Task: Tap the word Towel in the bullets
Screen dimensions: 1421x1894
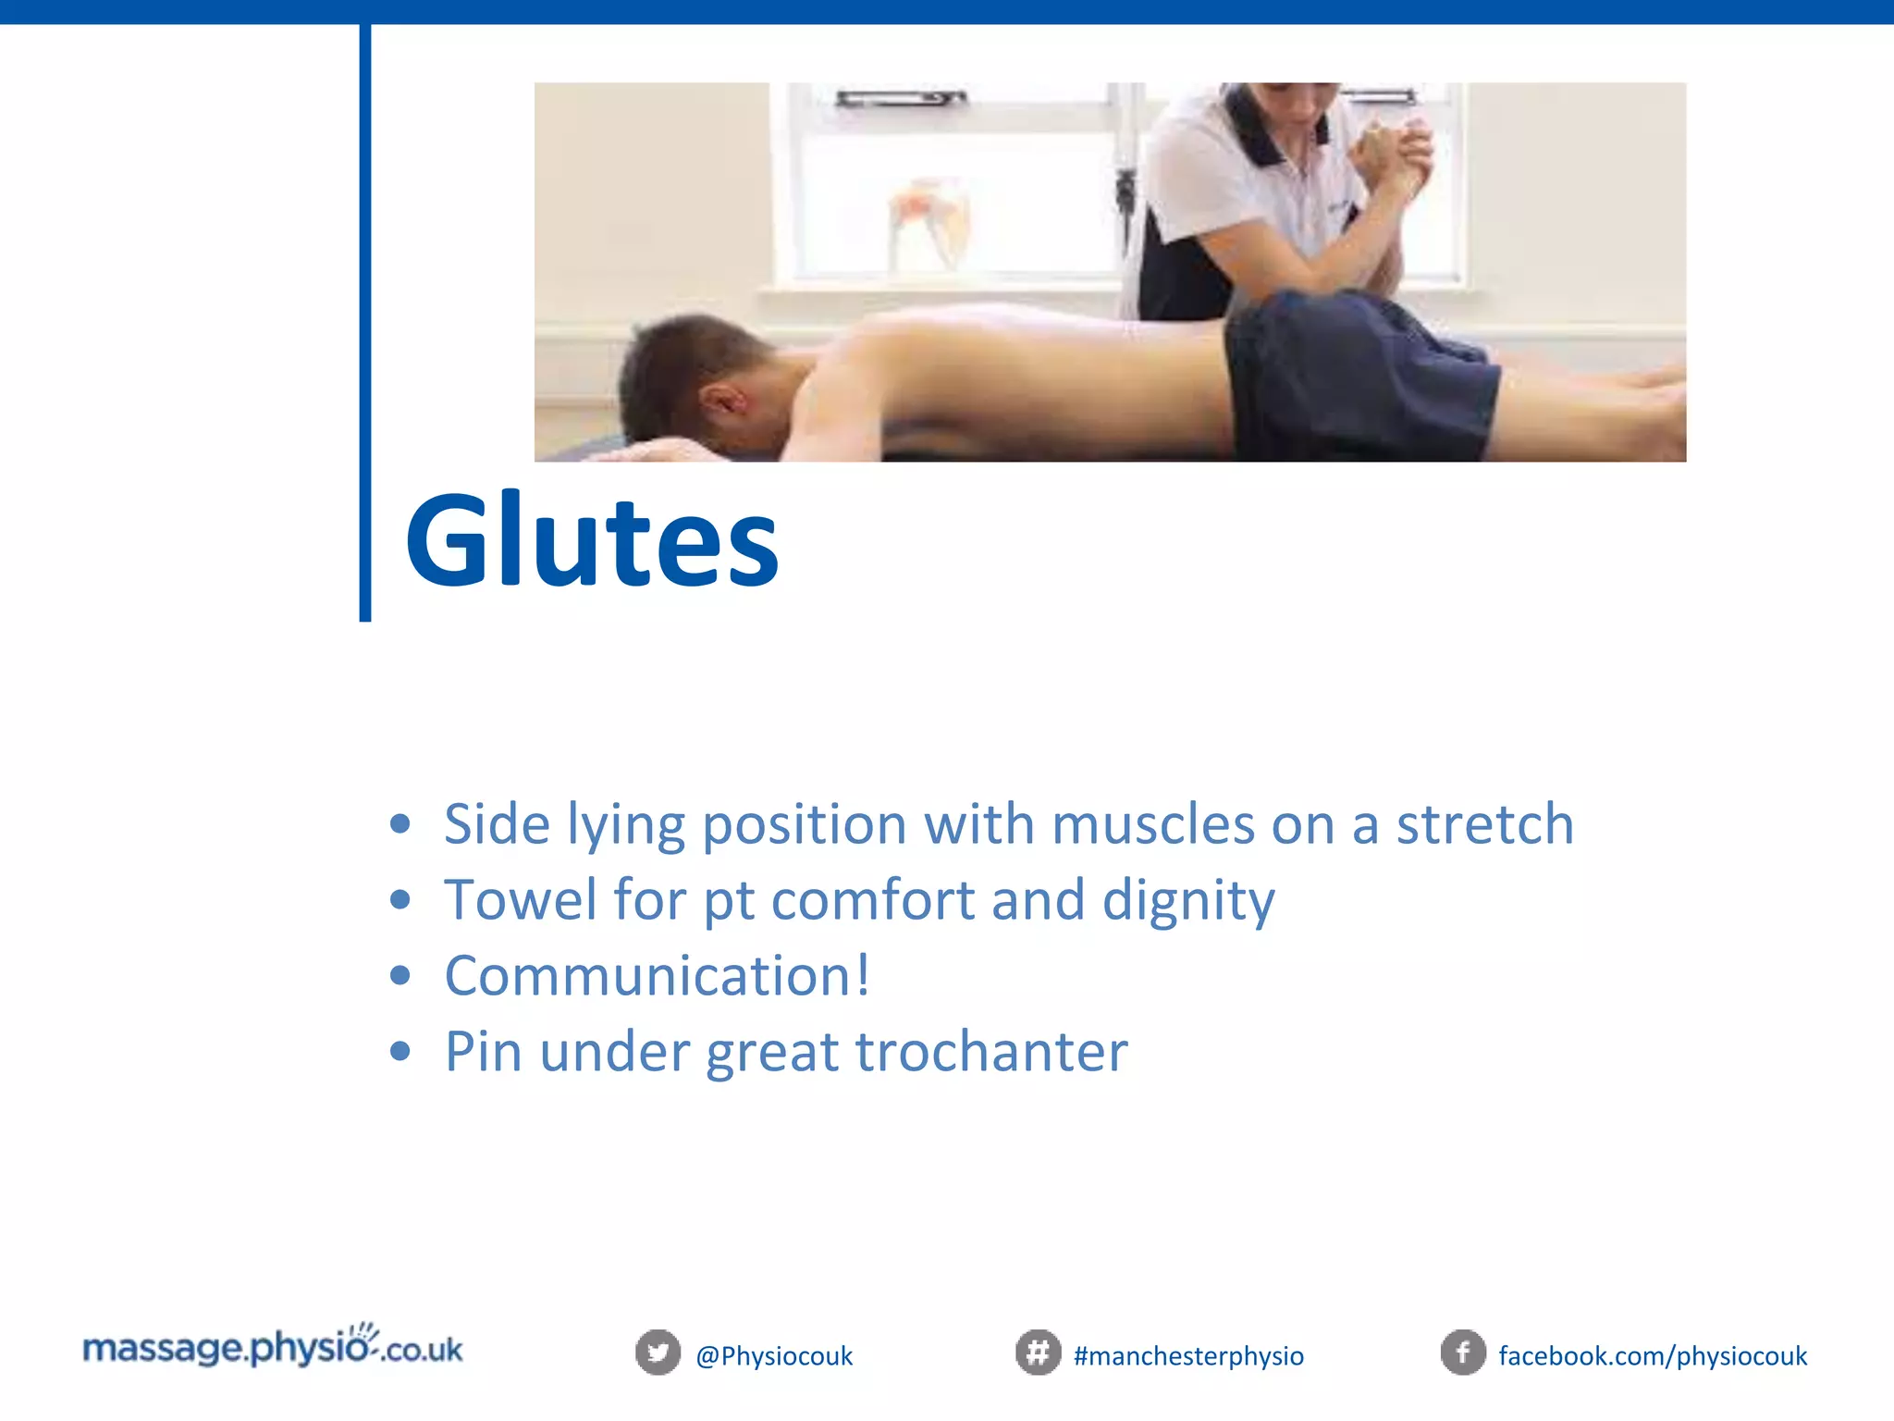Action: point(521,899)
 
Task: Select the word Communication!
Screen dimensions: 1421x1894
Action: point(657,975)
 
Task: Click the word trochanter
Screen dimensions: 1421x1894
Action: point(990,1051)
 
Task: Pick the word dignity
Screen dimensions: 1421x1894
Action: point(1187,901)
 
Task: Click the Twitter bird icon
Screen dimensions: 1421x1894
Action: point(658,1353)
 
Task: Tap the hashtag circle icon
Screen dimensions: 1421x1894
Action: point(1038,1353)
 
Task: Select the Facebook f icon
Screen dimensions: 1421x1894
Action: point(1463,1353)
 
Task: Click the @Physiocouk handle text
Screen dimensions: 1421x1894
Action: point(774,1356)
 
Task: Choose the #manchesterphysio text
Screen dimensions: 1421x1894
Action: point(1188,1356)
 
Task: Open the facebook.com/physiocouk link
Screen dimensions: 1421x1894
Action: point(1652,1356)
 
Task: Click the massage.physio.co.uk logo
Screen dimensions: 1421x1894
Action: point(273,1348)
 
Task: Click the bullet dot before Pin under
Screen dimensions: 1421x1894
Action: point(400,1051)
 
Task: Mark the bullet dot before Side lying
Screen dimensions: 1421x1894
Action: point(400,823)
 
